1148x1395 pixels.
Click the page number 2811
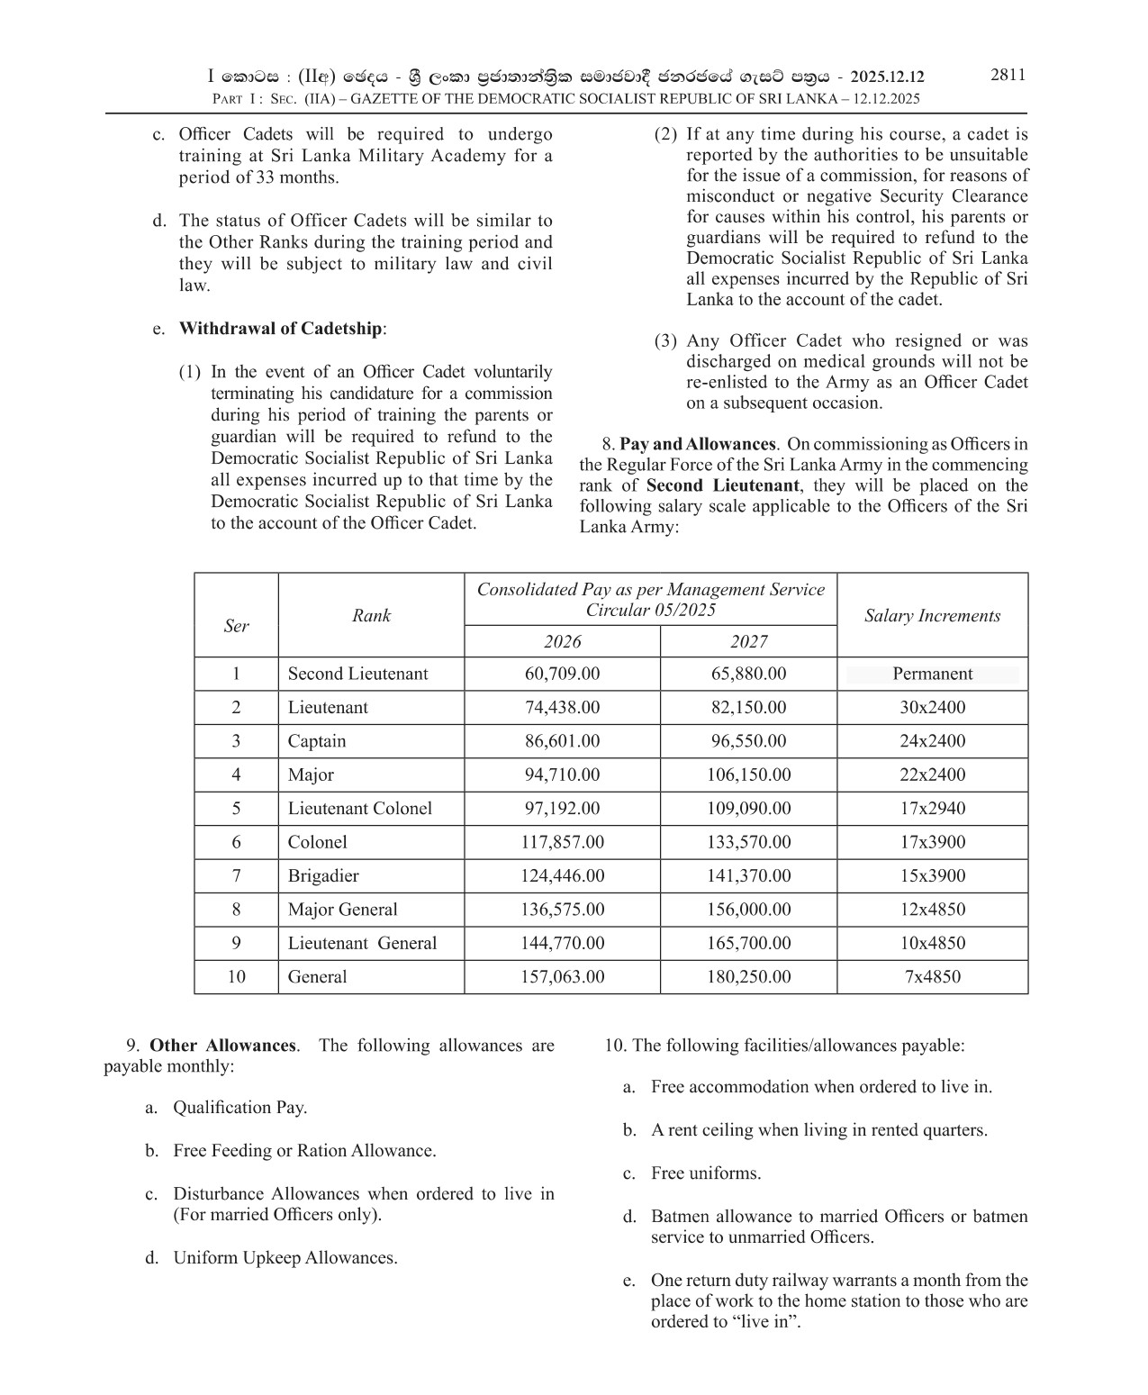click(x=1008, y=75)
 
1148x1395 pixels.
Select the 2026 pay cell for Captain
click(x=562, y=741)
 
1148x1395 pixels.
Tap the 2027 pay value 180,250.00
click(x=748, y=977)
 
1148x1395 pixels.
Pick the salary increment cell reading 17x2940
click(x=932, y=809)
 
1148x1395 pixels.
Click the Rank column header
click(x=371, y=616)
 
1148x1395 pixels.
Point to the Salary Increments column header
click(x=932, y=616)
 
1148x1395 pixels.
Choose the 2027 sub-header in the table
click(x=748, y=641)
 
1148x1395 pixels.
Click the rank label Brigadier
click(x=323, y=876)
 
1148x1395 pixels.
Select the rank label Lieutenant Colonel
click(x=359, y=809)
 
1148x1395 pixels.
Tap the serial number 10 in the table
click(x=236, y=977)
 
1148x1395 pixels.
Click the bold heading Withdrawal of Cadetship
click(x=281, y=329)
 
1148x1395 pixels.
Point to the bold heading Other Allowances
click(x=222, y=1046)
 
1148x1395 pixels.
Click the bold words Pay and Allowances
click(x=697, y=444)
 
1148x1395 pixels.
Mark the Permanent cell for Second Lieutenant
click(x=932, y=674)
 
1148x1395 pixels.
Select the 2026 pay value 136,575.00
click(x=562, y=910)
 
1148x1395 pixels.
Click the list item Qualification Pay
click(x=240, y=1108)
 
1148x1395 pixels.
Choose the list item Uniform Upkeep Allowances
click(x=285, y=1258)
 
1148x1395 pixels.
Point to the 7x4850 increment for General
click(x=932, y=977)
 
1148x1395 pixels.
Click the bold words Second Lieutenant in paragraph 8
click(x=724, y=485)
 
